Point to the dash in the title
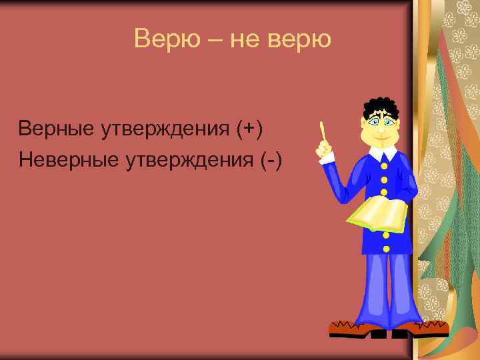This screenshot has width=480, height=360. click(213, 39)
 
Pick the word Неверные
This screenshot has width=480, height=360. click(66, 160)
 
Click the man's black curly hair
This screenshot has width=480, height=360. click(380, 106)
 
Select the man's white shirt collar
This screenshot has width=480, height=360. click(383, 154)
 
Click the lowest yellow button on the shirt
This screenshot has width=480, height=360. click(385, 248)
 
